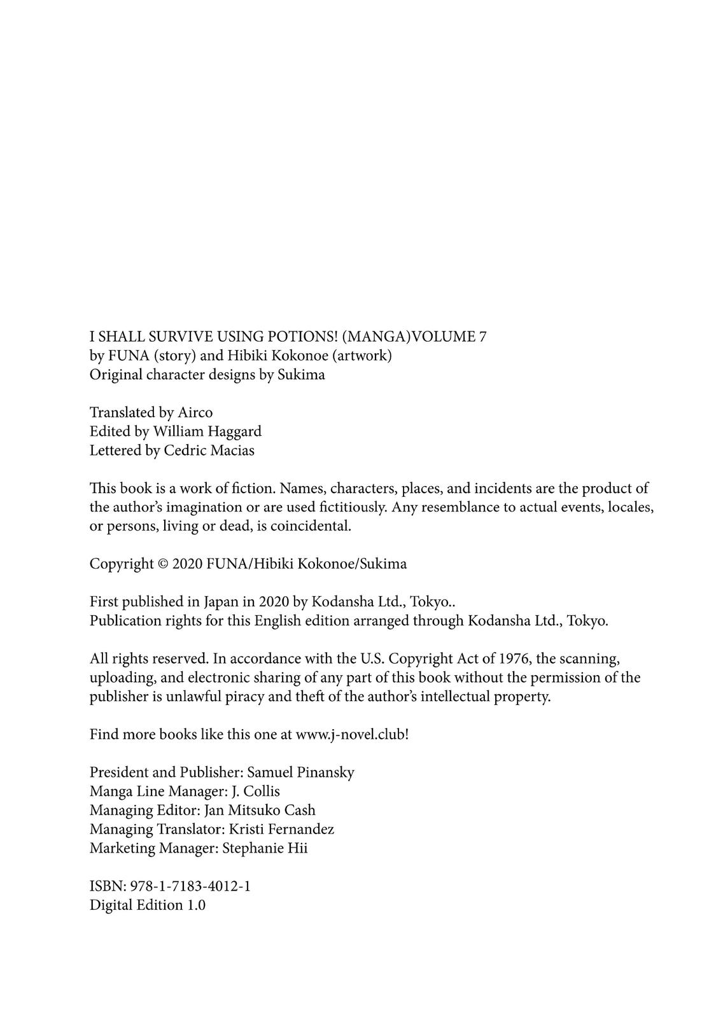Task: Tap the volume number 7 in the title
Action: [x=482, y=337]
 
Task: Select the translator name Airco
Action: [x=195, y=412]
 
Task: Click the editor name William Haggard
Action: [x=207, y=431]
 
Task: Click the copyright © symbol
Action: [x=163, y=564]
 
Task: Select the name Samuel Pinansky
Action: [x=300, y=772]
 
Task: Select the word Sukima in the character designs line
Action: [x=301, y=375]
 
